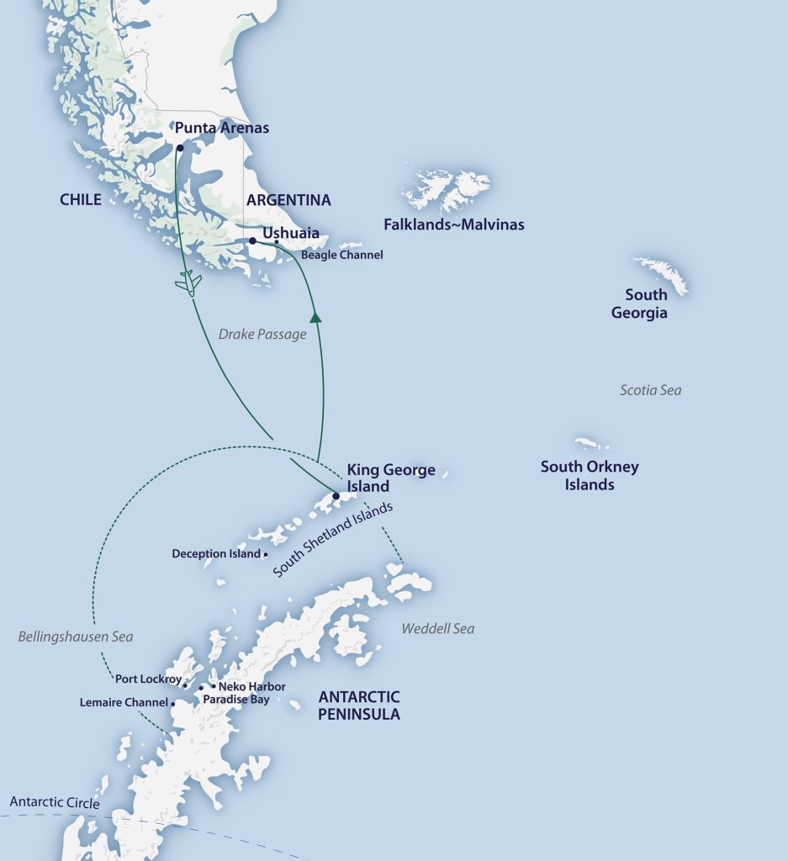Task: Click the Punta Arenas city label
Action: pos(222,129)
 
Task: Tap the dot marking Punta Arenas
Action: pos(180,147)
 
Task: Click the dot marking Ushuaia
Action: pos(252,240)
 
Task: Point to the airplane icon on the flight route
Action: pos(189,283)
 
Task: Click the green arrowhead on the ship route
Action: pos(315,318)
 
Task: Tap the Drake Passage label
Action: pos(262,335)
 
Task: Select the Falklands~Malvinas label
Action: pos(453,224)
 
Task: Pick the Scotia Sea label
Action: pos(650,390)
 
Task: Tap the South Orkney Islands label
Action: pos(590,476)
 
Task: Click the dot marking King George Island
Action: pos(336,496)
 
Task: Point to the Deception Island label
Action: pos(216,554)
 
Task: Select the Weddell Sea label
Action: pos(437,629)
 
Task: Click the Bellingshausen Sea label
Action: pos(76,637)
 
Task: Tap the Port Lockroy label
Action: pos(148,679)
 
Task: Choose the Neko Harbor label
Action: pos(251,687)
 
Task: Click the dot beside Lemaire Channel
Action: pos(173,703)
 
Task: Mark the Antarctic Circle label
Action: pos(55,803)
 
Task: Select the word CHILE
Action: pos(81,200)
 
